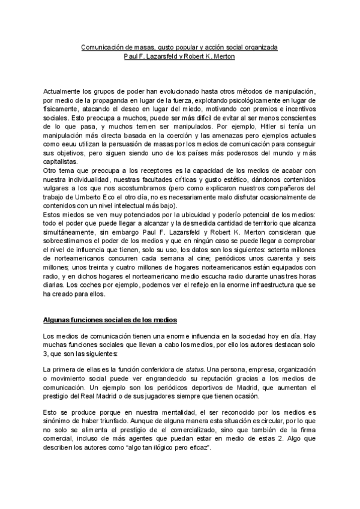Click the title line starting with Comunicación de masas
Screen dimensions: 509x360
click(x=179, y=47)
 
